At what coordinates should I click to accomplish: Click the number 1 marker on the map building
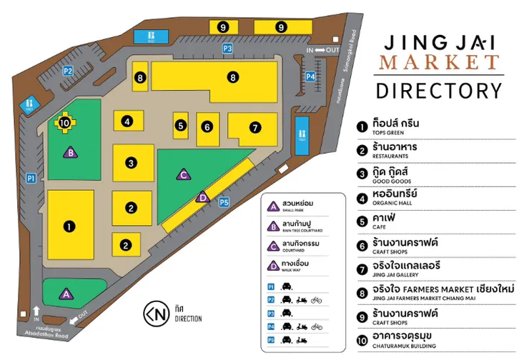69,226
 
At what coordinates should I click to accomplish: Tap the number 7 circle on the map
254,128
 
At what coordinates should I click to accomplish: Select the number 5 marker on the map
181,126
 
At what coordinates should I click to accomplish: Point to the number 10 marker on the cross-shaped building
64,123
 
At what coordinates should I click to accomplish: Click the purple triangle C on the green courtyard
183,174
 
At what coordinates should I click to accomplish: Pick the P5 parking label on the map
224,202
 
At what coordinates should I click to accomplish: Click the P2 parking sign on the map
69,71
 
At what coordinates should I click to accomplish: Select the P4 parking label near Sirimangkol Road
310,76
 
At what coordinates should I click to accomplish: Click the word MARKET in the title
440,62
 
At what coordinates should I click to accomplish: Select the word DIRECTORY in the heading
440,91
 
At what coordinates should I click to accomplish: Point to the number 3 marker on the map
131,163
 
